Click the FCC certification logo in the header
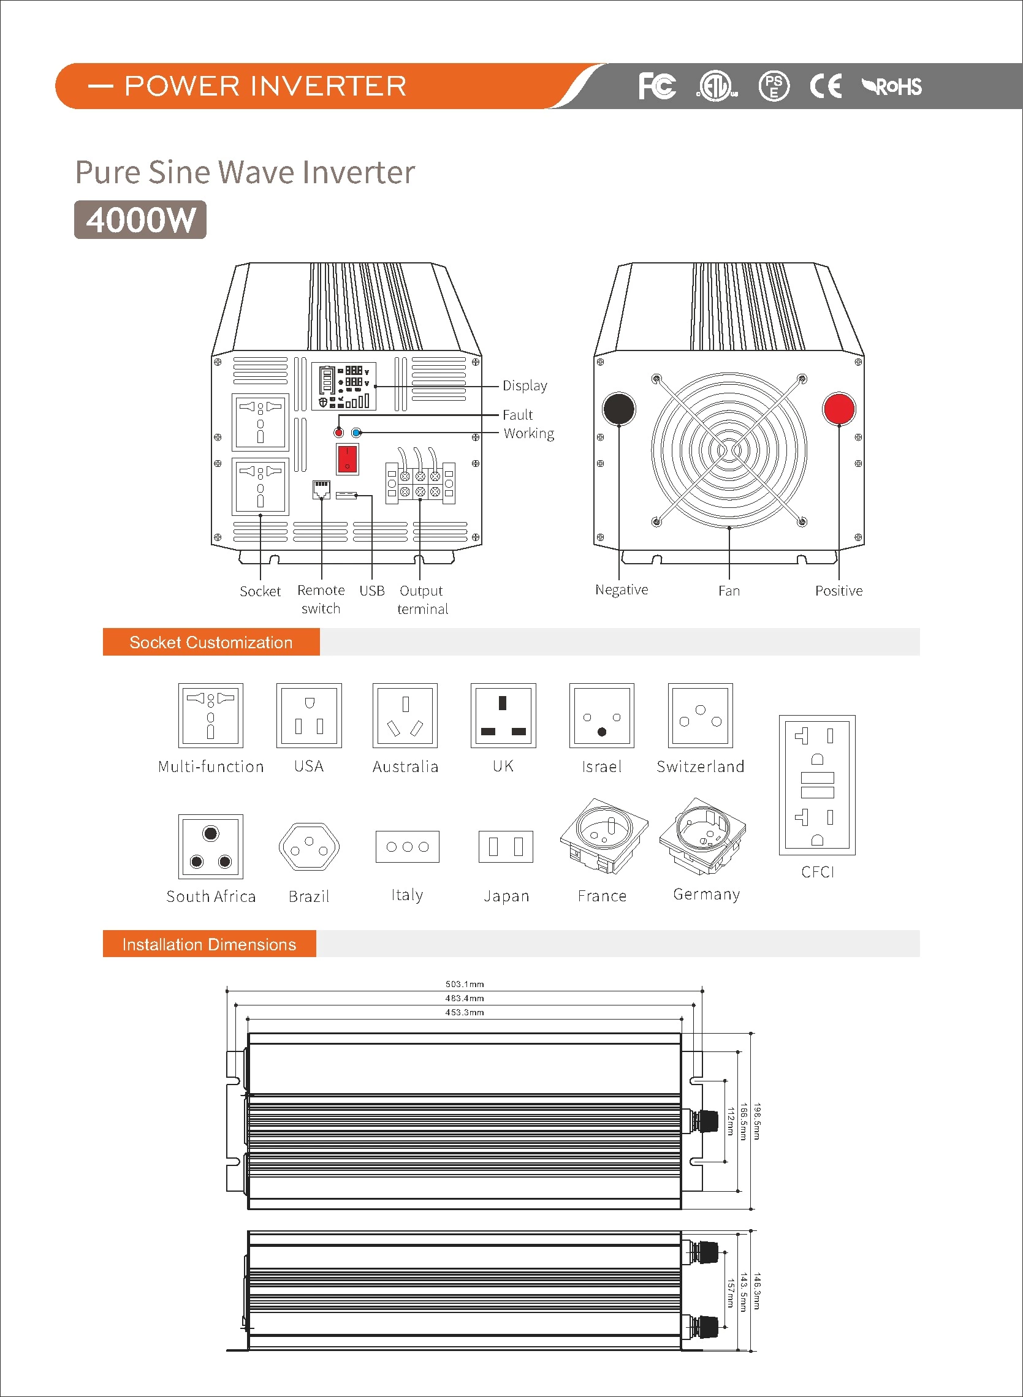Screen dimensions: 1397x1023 coord(656,86)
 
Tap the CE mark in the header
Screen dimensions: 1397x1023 coord(826,86)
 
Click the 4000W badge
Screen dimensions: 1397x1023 coord(140,220)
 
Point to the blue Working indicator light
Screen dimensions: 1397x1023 coord(356,433)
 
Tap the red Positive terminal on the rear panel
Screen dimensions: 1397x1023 coord(839,409)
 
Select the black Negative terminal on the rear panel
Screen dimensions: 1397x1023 coord(618,409)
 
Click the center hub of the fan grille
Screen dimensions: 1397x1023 coord(729,450)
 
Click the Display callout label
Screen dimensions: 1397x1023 coord(525,385)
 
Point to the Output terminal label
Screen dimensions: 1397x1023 coord(422,599)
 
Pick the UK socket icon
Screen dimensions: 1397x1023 coord(503,716)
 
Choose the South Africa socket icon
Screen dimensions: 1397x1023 coord(210,846)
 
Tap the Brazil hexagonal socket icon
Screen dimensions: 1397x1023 coord(309,846)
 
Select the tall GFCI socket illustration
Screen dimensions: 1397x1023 coord(817,785)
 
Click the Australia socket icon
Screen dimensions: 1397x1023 coord(405,716)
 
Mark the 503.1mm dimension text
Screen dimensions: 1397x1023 coord(465,983)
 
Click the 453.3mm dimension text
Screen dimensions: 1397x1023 coord(465,1012)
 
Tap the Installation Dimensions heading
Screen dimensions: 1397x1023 coord(209,944)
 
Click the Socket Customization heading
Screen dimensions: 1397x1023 coord(210,642)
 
